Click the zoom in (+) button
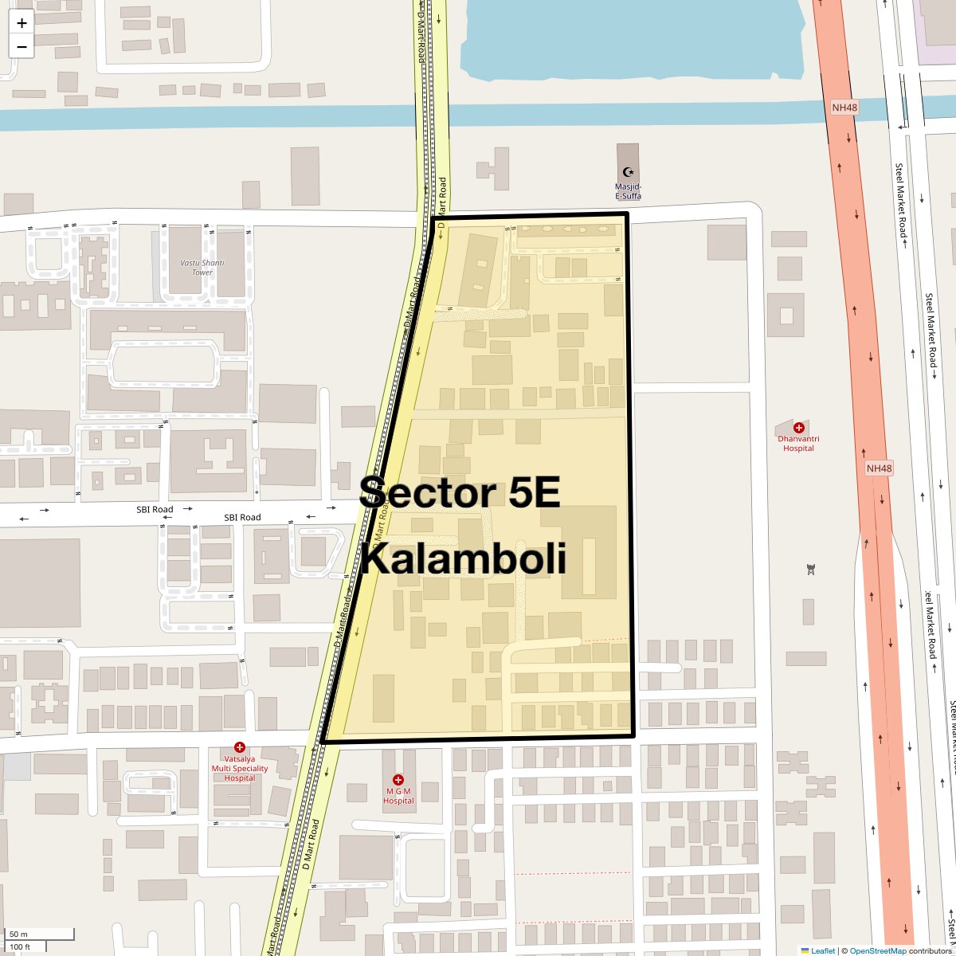22,23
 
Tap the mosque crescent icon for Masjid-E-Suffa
628,172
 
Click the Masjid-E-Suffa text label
628,191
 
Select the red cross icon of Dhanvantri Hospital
799,428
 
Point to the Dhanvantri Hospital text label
798,444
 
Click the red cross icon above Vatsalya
239,747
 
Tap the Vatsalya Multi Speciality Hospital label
239,768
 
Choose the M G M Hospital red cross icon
398,779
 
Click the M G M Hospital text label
398,795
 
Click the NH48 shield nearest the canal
844,107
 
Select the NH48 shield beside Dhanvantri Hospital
879,468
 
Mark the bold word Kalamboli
464,558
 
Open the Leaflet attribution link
822,950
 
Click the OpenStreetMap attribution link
877,950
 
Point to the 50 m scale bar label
19,934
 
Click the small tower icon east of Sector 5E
811,569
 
